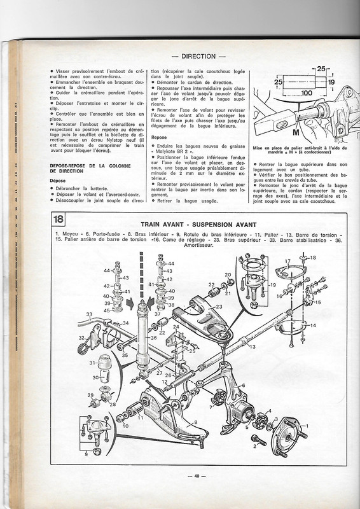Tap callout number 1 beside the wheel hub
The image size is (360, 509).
307,426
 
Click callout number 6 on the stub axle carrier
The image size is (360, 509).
242,386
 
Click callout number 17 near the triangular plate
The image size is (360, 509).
287,261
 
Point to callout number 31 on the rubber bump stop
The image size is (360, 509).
92,363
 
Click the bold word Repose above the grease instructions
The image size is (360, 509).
160,137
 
